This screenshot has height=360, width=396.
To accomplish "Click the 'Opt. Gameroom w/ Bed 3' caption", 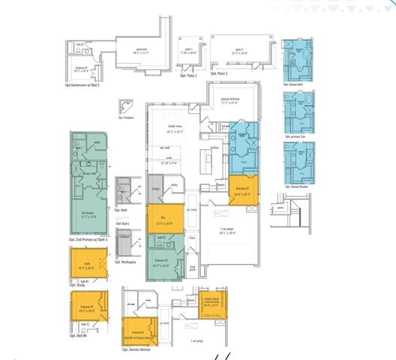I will coord(88,86).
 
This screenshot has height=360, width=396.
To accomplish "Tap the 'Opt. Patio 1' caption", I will coord(188,76).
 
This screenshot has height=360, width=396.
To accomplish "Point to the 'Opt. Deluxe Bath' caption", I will coord(298,85).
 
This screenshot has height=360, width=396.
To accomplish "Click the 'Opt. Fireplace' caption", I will coord(129,118).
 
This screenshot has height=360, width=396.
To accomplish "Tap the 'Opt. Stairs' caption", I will coord(124,223).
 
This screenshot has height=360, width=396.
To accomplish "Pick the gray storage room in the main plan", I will coord(155,184).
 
